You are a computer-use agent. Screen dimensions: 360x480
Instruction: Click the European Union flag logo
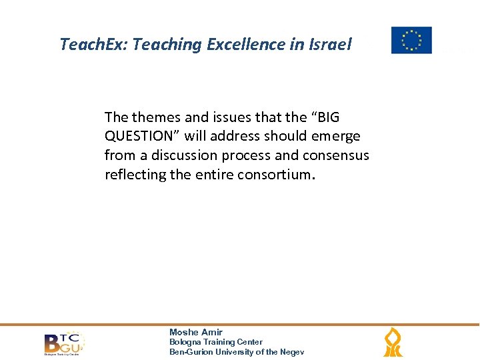tap(411, 40)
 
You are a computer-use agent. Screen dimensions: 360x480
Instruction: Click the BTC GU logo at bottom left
tap(64, 343)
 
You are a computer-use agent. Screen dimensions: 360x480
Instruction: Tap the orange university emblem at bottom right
tap(393, 343)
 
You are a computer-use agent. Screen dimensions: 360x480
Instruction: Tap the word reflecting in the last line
tap(133, 175)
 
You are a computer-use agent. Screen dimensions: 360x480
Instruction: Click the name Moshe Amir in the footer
tap(196, 332)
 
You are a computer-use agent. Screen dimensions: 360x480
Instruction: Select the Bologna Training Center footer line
tap(216, 342)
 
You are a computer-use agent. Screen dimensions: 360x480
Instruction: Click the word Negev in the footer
tap(291, 352)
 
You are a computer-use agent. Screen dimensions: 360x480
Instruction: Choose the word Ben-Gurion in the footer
tap(191, 352)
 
